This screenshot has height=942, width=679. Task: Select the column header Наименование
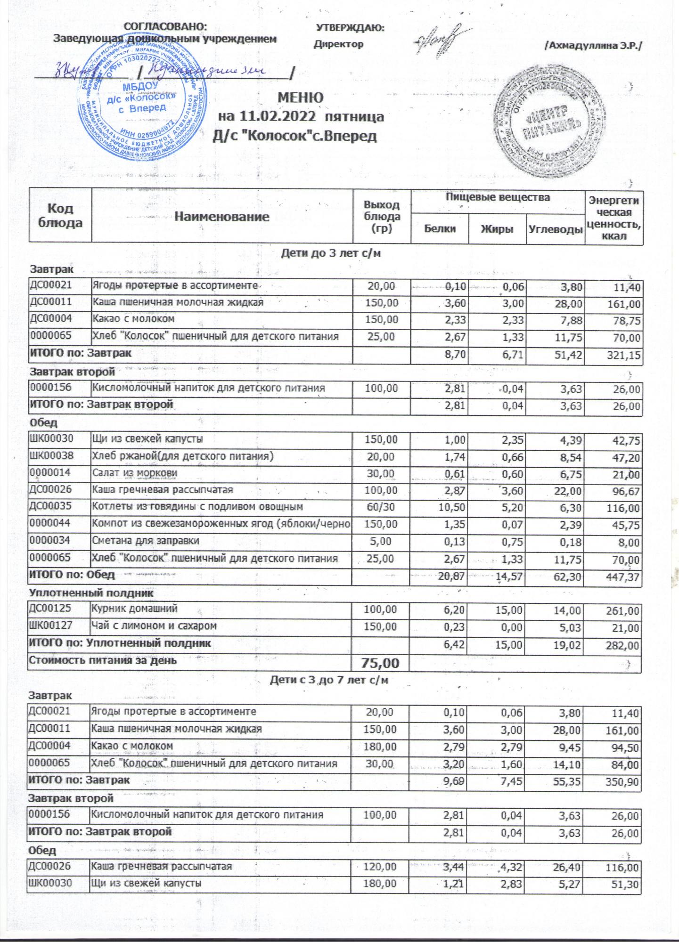click(222, 217)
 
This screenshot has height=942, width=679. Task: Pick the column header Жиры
click(497, 229)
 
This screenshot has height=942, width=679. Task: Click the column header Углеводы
click(555, 229)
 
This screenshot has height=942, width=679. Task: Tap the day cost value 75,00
click(380, 663)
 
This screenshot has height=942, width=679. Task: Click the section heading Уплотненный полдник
click(91, 593)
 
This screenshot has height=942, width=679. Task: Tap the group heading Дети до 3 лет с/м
click(331, 254)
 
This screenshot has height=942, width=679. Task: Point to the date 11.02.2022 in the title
click(277, 116)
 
